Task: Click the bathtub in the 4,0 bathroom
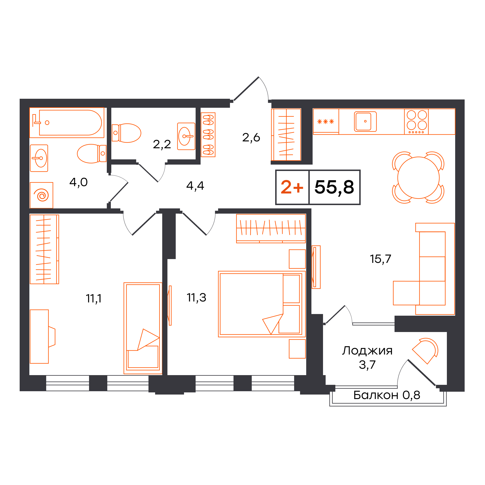tap(67, 122)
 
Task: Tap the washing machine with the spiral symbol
tap(41, 195)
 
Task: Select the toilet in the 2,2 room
tap(126, 133)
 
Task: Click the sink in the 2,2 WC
tap(186, 136)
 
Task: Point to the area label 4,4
tap(195, 186)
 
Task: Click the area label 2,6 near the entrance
tap(251, 138)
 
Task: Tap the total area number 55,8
tap(334, 188)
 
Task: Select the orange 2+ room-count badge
tap(292, 187)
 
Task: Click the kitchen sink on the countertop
tap(365, 121)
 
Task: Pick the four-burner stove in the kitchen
tap(416, 122)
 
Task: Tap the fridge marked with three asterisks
tap(326, 121)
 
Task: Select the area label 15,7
tap(380, 259)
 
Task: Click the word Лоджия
tap(367, 351)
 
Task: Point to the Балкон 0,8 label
tap(386, 395)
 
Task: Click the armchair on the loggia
tap(425, 351)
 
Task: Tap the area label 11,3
tap(196, 298)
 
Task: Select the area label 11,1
tap(94, 299)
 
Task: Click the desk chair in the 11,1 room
tap(52, 337)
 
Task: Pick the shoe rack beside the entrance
tap(208, 135)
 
